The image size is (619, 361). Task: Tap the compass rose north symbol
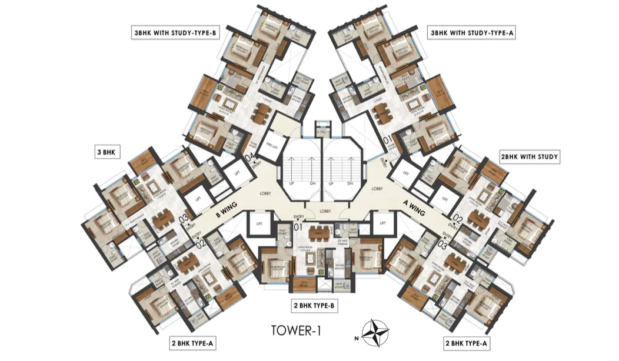(372, 332)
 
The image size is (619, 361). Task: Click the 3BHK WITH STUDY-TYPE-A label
(472, 34)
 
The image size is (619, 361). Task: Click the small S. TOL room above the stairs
(321, 131)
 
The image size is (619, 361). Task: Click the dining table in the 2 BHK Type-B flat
(320, 231)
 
